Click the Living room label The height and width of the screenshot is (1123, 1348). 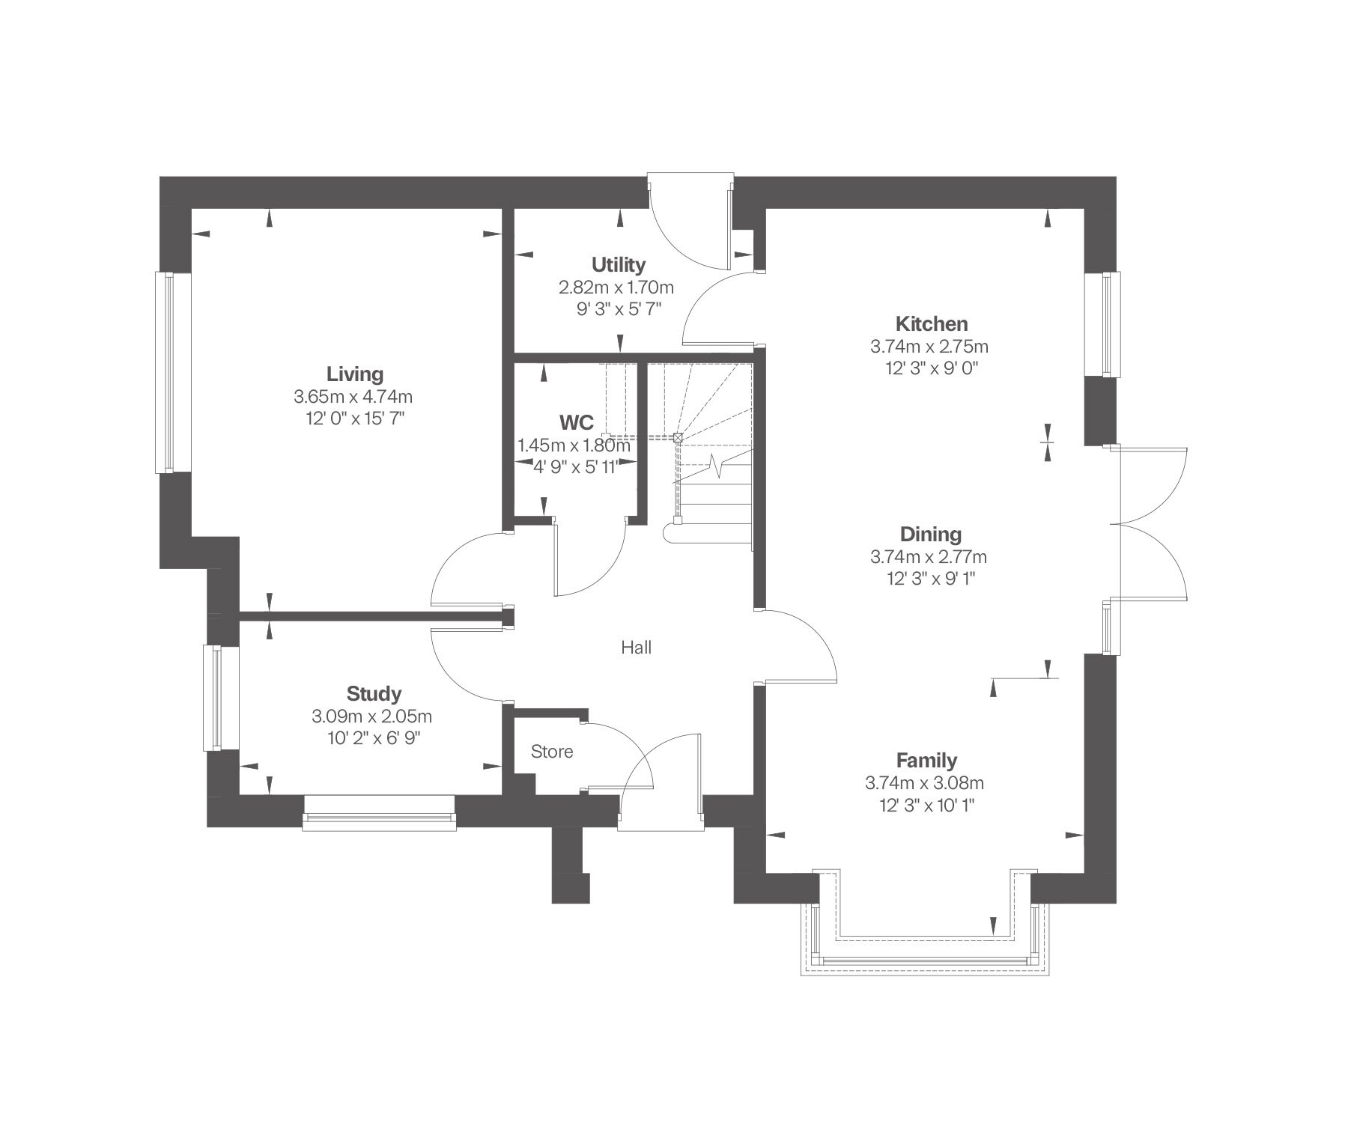point(354,374)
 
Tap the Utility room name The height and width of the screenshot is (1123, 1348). point(619,265)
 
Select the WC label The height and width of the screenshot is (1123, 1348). point(575,422)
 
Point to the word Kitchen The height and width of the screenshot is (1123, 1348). point(932,324)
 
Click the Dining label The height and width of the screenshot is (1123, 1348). point(930,535)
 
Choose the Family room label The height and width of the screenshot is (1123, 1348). point(927,761)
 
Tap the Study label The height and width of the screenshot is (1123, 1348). point(374,694)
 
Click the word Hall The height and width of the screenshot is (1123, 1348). point(636,648)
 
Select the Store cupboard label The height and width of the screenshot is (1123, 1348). point(552,752)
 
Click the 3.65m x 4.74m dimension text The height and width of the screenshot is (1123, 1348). point(354,396)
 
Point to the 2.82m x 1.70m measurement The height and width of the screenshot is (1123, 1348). point(617,287)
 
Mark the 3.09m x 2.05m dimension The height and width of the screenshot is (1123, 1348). point(372,716)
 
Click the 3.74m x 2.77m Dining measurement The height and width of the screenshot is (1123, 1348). point(929,557)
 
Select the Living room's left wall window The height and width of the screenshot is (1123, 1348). point(164,372)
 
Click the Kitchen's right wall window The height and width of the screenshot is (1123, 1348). point(1111,323)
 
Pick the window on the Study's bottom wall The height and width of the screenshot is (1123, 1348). point(380,822)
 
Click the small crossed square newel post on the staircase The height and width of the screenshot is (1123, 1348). point(678,436)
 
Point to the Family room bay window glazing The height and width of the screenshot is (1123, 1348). point(925,960)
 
